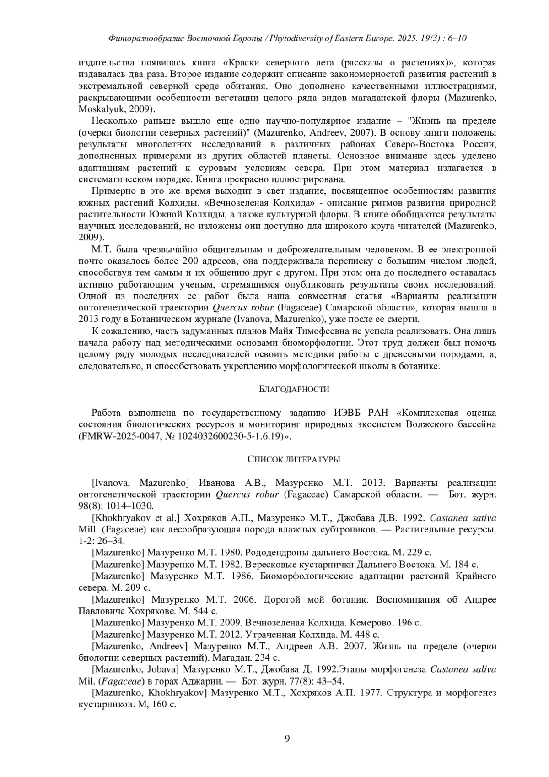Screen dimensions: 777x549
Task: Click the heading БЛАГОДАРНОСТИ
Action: (294, 389)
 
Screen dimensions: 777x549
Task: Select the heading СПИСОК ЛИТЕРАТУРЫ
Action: (294, 459)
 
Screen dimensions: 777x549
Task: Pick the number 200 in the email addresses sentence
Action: (190, 261)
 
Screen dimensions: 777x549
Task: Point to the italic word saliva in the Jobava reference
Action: (483, 669)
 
